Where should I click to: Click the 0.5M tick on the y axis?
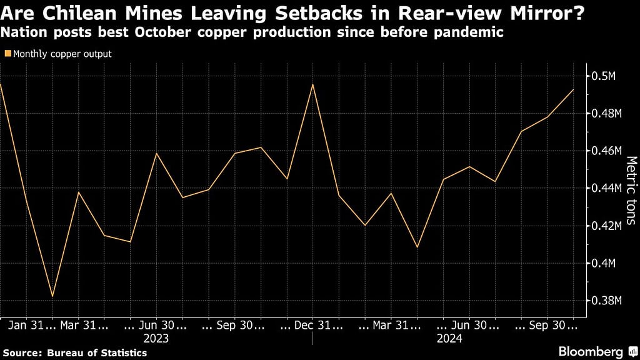point(604,76)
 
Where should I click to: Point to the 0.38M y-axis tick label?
point(606,301)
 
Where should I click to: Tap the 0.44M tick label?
point(606,188)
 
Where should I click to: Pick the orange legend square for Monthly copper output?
point(7,54)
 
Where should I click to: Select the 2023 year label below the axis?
point(156,338)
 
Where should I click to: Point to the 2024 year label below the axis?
point(449,338)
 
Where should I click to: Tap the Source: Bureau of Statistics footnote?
point(75,353)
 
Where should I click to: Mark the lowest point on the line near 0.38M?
point(52,296)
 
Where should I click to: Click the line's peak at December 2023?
point(312,84)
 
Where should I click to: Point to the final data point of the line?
point(573,90)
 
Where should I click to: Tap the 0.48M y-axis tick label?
point(606,114)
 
